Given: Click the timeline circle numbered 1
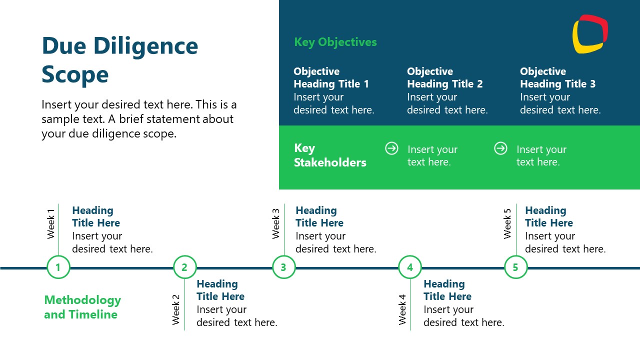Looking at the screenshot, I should [58, 267].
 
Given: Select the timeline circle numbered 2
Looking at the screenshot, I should [184, 267].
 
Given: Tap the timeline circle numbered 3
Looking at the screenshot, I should [283, 267].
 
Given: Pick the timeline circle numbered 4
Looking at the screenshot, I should [410, 267].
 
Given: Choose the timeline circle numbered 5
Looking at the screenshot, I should [515, 267].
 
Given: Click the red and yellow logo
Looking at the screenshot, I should [590, 33].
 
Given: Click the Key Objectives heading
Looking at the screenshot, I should [335, 42].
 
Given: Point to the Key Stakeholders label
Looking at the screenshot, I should [330, 155].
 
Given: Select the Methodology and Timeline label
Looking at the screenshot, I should [82, 307].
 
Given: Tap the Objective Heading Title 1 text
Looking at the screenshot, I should [331, 78].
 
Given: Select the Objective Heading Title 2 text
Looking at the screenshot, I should [444, 78].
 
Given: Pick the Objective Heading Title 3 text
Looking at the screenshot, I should [557, 78].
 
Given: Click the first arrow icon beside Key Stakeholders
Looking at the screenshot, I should [391, 148].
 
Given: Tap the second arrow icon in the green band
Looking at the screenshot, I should [500, 148].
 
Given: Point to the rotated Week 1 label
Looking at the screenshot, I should [50, 223].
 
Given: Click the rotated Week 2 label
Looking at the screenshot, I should [176, 309].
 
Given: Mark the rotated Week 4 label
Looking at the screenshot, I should [402, 309].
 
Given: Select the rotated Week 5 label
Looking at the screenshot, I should [507, 223].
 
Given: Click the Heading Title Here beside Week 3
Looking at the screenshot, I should [319, 216].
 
